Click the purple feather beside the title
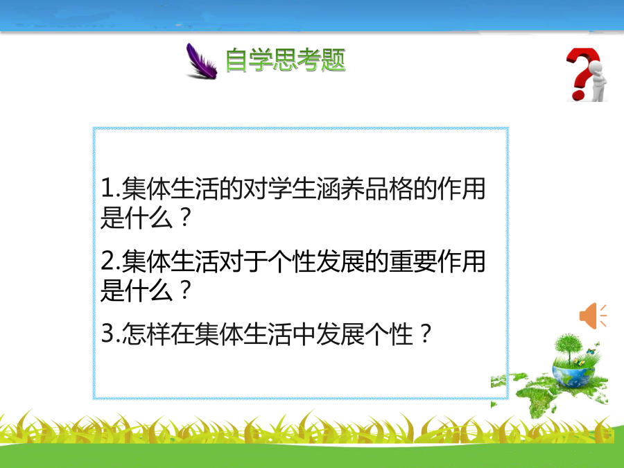click(201, 62)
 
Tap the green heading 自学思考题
click(286, 60)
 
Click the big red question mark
click(582, 73)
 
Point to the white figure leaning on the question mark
click(598, 82)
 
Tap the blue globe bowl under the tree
click(573, 376)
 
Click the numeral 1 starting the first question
click(108, 188)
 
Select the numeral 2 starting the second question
click(108, 261)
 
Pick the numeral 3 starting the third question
click(108, 333)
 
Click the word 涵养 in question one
click(340, 188)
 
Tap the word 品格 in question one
click(389, 188)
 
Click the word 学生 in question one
click(292, 188)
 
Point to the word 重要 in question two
click(413, 261)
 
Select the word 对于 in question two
click(243, 261)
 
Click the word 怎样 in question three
click(146, 333)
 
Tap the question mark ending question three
click(426, 333)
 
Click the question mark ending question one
click(186, 218)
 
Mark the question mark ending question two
click(186, 291)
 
